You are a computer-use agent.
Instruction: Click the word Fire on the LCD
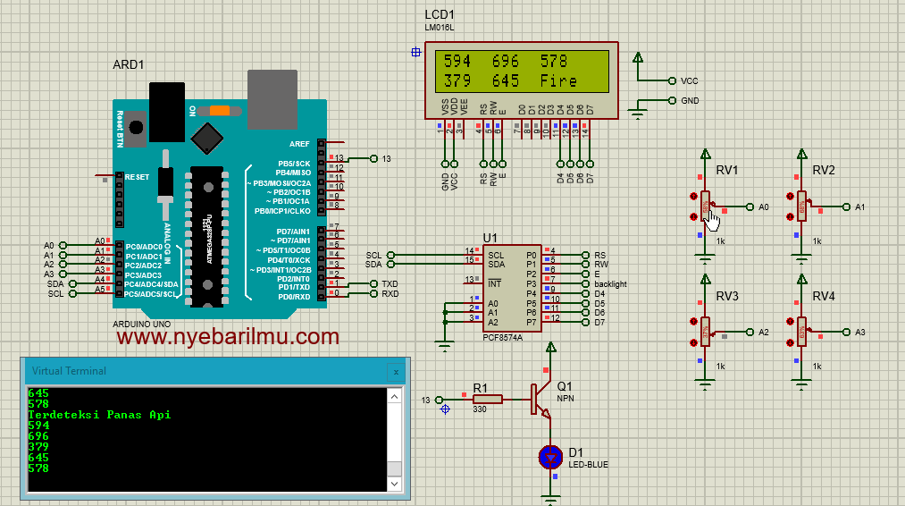click(558, 80)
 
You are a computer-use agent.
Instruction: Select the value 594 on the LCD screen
click(457, 62)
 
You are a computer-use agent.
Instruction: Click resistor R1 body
click(488, 400)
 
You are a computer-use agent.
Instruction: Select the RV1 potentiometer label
click(727, 171)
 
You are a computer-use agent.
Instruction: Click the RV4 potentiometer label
click(824, 296)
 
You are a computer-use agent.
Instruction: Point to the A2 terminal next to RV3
click(763, 332)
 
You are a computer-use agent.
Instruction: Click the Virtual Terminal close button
click(396, 371)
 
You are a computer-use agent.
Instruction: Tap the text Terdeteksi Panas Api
click(99, 415)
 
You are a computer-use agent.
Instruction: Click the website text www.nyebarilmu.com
click(228, 337)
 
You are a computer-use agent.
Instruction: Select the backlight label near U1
click(610, 284)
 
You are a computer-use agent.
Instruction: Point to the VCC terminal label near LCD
click(689, 80)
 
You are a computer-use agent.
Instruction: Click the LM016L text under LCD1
click(440, 28)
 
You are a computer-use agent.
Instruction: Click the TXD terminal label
click(390, 283)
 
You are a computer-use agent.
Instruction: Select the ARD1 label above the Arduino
click(129, 64)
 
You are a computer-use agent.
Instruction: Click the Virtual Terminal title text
click(69, 371)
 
